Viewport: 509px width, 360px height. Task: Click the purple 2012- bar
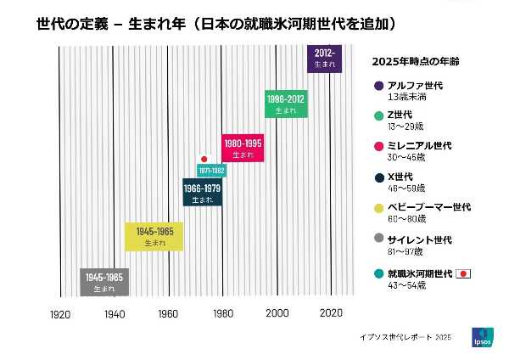click(x=323, y=59)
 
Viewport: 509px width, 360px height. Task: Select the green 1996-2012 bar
click(x=285, y=104)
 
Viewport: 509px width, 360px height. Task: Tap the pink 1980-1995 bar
click(x=243, y=148)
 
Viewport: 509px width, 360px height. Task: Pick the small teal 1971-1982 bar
click(x=211, y=171)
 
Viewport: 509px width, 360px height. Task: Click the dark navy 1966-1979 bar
click(x=202, y=192)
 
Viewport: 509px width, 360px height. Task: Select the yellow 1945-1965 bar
click(x=154, y=236)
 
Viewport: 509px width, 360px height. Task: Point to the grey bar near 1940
click(x=104, y=282)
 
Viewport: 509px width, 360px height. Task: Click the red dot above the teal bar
click(x=204, y=159)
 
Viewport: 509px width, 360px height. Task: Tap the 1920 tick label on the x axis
click(x=59, y=314)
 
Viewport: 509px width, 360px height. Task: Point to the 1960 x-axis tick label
click(x=168, y=314)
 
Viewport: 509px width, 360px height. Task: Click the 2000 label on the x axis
click(x=277, y=314)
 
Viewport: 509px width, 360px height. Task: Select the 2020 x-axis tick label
click(x=331, y=314)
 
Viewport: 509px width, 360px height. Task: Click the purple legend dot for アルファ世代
click(x=378, y=86)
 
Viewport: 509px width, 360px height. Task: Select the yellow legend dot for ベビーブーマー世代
click(x=378, y=207)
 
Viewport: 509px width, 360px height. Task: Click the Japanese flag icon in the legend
click(x=463, y=273)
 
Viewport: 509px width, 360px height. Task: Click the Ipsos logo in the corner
click(x=480, y=337)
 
